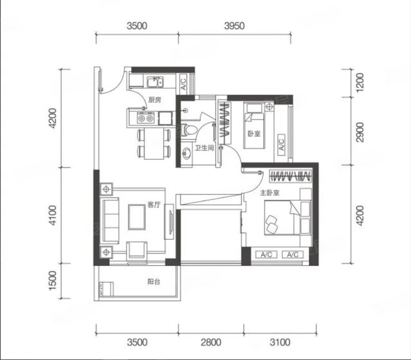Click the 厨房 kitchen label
pyautogui.click(x=154, y=100)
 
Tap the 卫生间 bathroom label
pyautogui.click(x=204, y=148)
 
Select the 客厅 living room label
pyautogui.click(x=154, y=204)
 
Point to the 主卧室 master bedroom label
pyautogui.click(x=270, y=193)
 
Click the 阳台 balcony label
pyautogui.click(x=154, y=282)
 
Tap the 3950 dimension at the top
pyautogui.click(x=234, y=26)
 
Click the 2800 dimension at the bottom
pyautogui.click(x=211, y=342)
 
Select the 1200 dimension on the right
pyautogui.click(x=360, y=82)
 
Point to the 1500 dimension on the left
pyautogui.click(x=53, y=280)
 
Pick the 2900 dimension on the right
pyautogui.click(x=360, y=132)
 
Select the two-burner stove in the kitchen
pyautogui.click(x=146, y=118)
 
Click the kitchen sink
pyautogui.click(x=155, y=82)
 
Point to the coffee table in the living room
pyautogui.click(x=136, y=217)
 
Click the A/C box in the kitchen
pyautogui.click(x=183, y=82)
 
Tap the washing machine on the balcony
pyautogui.click(x=106, y=289)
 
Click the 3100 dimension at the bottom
pyautogui.click(x=280, y=342)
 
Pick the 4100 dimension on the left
pyautogui.click(x=53, y=216)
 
